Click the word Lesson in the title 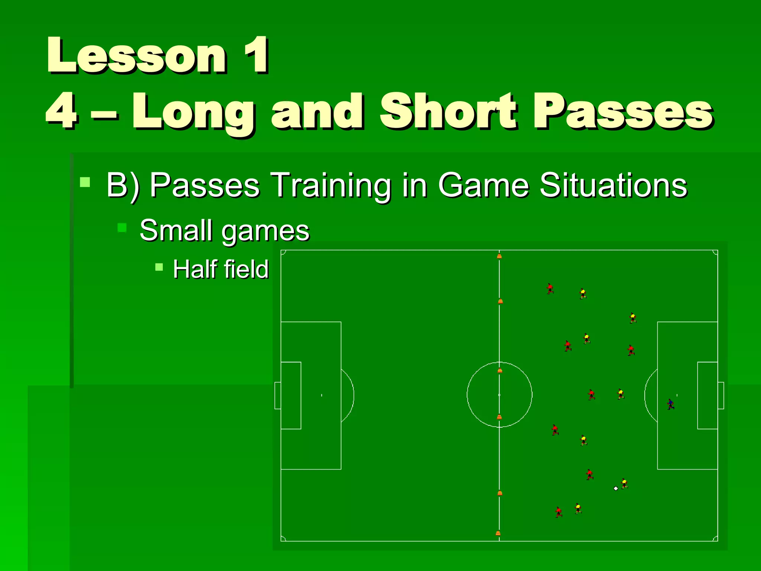point(136,56)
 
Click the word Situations point(613,185)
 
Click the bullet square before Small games point(122,227)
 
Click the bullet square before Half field point(159,267)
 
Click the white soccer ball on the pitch point(616,488)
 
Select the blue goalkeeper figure point(670,404)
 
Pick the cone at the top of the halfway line point(499,256)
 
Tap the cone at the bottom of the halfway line point(498,533)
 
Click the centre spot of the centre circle point(499,395)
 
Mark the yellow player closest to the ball point(624,483)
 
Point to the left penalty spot point(322,395)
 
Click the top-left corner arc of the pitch point(283,253)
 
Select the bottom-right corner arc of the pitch point(715,538)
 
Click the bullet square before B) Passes point(85,182)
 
